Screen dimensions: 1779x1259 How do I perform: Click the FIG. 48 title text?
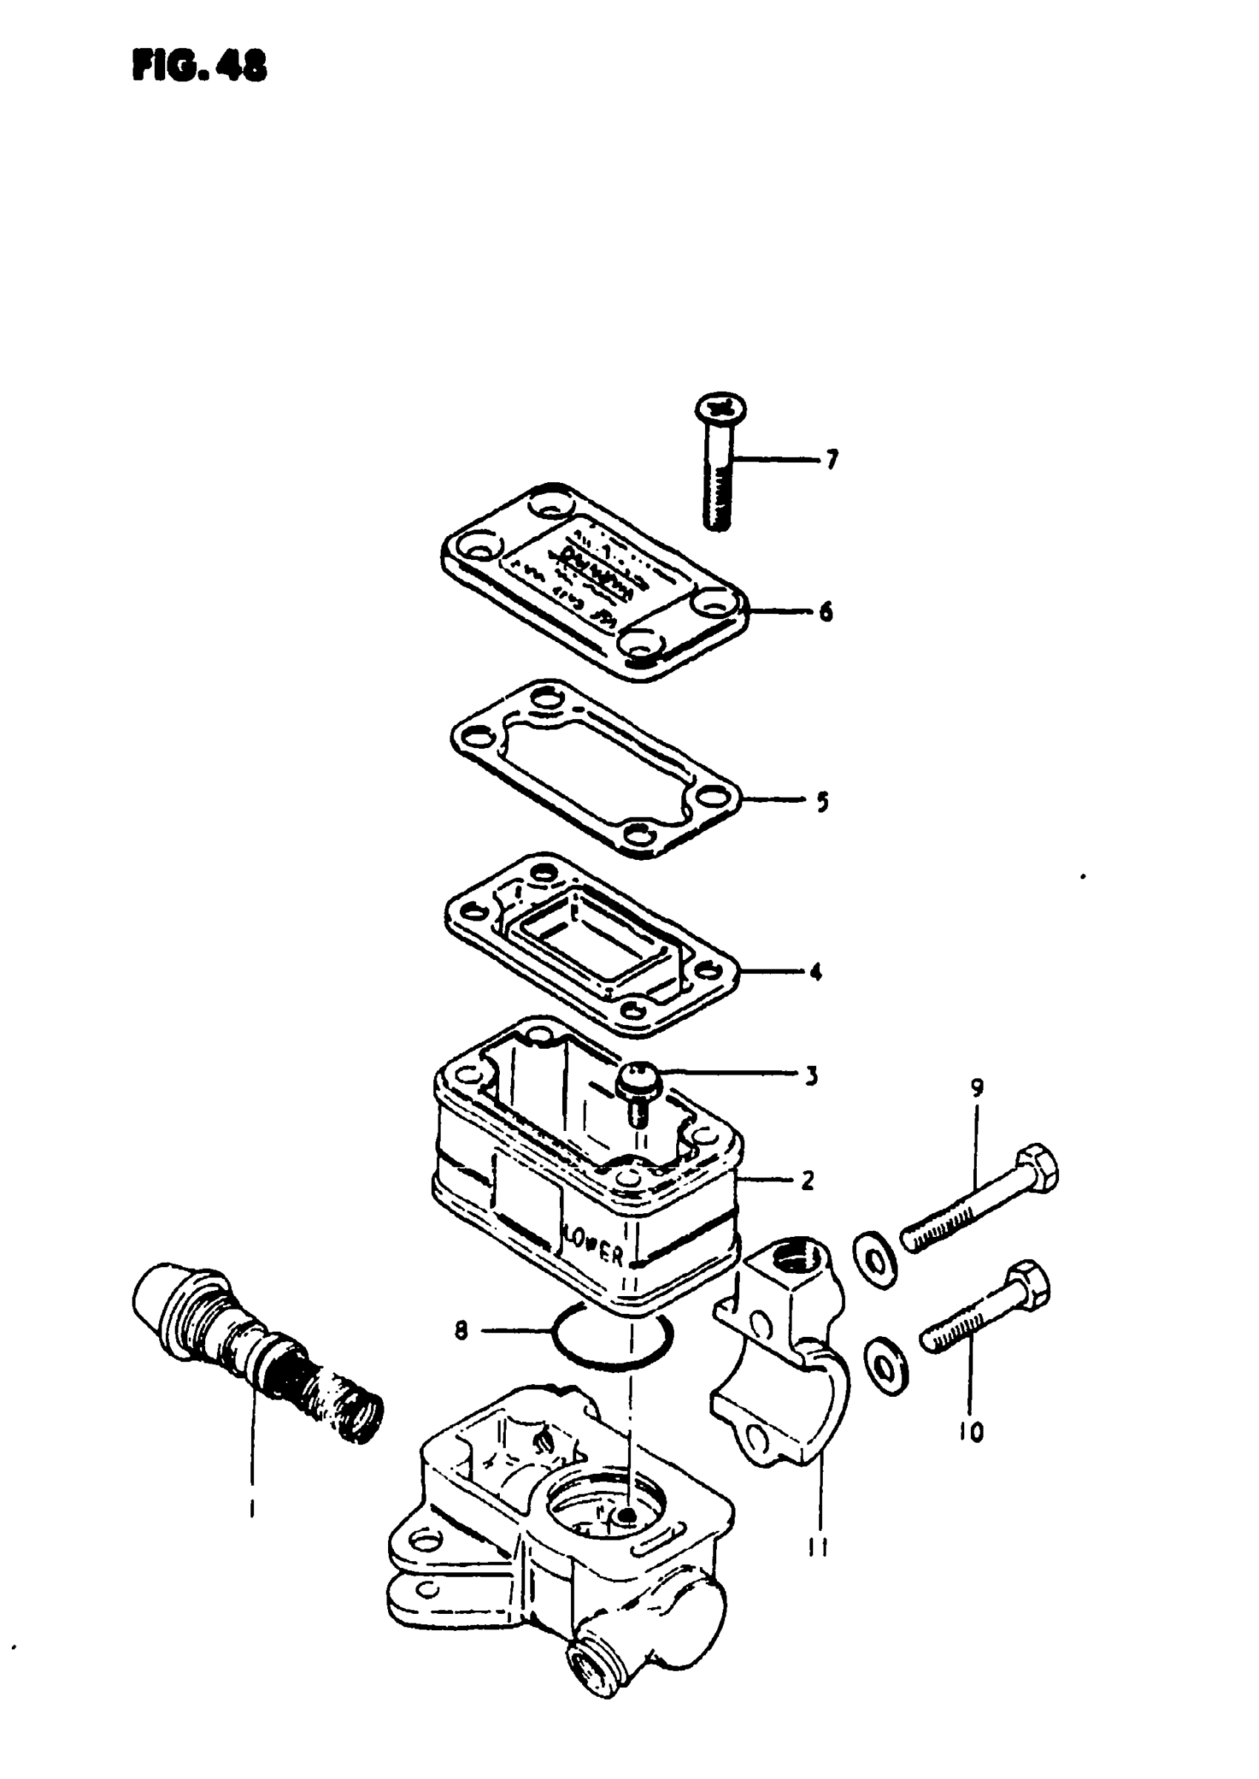[x=199, y=67]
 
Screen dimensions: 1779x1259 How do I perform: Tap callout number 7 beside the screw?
[x=832, y=461]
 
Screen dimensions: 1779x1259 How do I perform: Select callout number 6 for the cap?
[x=826, y=613]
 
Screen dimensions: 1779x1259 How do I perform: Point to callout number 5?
[x=823, y=801]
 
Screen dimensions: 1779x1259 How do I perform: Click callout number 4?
[x=815, y=971]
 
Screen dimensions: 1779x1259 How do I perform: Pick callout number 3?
[x=812, y=1076]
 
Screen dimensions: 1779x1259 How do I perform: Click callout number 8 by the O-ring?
[x=461, y=1332]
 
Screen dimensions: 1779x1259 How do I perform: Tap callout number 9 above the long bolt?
[x=977, y=1088]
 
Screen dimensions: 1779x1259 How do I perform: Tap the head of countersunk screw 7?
[x=719, y=406]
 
